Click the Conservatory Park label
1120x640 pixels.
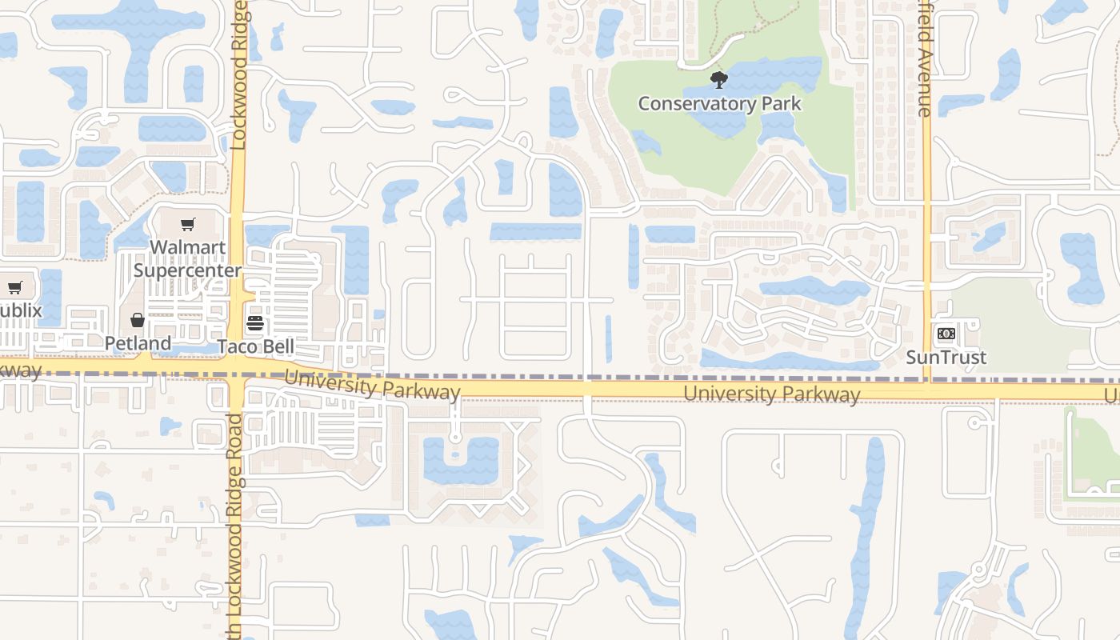[x=719, y=104]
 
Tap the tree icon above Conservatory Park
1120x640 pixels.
[x=719, y=80]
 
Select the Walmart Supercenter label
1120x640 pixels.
[x=187, y=258]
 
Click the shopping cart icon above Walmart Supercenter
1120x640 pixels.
[x=187, y=225]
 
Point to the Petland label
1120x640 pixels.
[x=138, y=343]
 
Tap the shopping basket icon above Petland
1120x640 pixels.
[x=138, y=321]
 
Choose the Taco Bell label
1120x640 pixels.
[x=256, y=346]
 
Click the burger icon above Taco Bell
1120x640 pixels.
[x=255, y=324]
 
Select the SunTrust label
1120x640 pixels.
[x=946, y=357]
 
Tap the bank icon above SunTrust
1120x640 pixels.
[x=946, y=334]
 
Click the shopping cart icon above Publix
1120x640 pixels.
[x=14, y=287]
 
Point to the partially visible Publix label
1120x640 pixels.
[x=19, y=310]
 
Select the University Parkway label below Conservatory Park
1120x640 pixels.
[x=772, y=394]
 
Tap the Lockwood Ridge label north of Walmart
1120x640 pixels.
[x=238, y=76]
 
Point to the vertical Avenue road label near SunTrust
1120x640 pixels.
[x=925, y=64]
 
